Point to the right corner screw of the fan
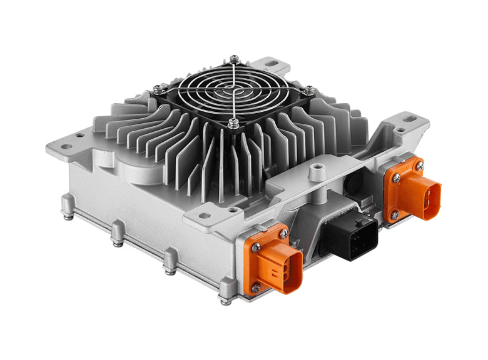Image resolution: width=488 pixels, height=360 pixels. point(308,89)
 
